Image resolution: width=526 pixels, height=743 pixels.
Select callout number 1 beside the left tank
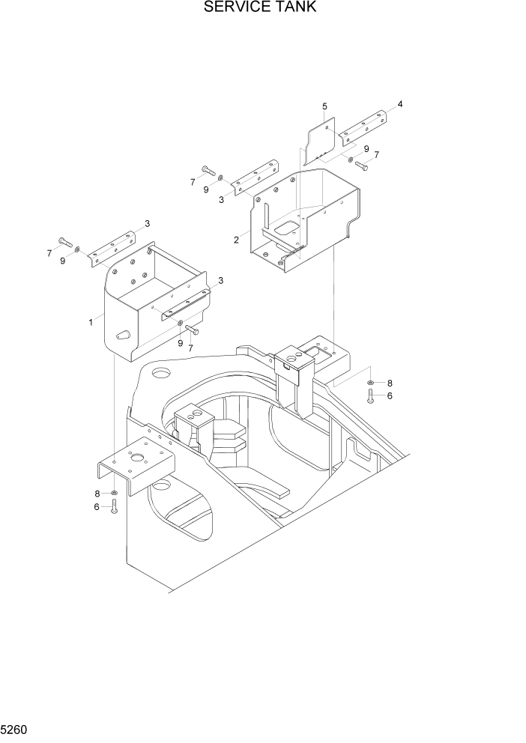click(91, 321)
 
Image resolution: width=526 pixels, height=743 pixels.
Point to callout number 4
click(399, 104)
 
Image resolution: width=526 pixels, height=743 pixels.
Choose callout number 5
click(324, 106)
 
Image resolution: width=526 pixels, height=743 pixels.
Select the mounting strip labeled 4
click(363, 129)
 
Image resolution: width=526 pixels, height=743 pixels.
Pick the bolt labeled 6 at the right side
click(370, 396)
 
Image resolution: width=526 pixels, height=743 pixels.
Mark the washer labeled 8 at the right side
click(371, 383)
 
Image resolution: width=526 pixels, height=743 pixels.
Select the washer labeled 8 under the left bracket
click(114, 493)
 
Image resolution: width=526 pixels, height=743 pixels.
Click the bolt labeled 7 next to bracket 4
click(362, 165)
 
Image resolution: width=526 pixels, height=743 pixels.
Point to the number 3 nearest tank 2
click(221, 199)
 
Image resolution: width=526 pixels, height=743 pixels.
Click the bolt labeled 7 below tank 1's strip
click(193, 330)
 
